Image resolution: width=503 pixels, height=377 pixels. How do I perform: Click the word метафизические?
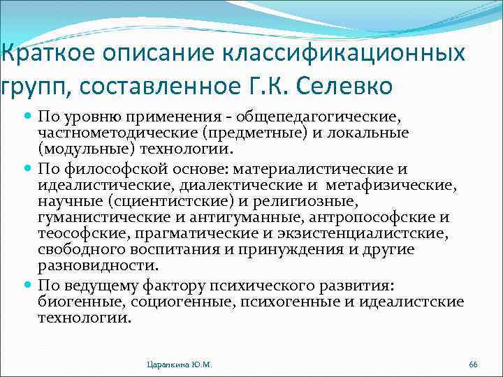(x=397, y=186)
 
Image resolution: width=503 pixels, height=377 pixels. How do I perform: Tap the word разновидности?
(x=99, y=265)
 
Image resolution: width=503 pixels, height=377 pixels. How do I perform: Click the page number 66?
(x=473, y=364)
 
